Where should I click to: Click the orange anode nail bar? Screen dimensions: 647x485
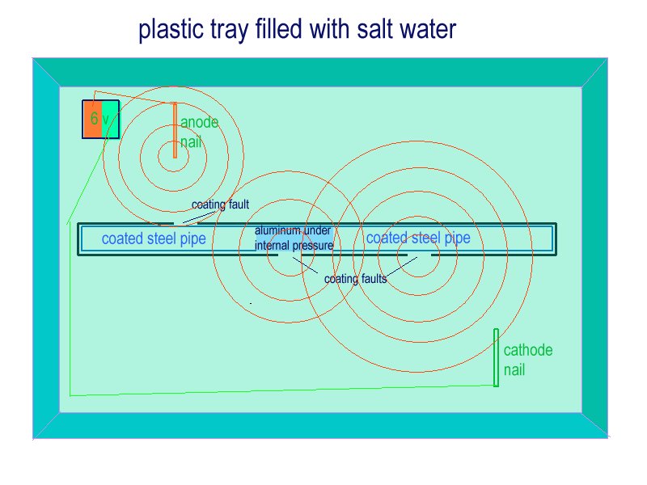[x=175, y=130]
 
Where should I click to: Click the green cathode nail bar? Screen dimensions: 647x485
[x=496, y=357]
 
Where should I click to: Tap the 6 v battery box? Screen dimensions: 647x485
[x=100, y=119]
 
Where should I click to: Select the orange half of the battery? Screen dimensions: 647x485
[x=92, y=119]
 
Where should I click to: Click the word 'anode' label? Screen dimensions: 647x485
[x=199, y=122]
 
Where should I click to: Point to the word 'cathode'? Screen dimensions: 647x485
[x=528, y=350]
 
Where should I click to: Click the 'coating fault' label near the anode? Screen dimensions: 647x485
[x=220, y=205]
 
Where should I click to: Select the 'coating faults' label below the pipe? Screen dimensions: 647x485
[x=356, y=279]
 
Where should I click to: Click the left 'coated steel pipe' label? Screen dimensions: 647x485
[x=154, y=238]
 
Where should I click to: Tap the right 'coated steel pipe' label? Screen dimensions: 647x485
[x=418, y=238]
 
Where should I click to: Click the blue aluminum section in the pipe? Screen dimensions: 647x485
[x=294, y=238]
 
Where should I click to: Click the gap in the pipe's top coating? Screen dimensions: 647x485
[x=186, y=224]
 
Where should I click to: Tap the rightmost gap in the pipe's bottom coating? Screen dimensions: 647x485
[x=419, y=255]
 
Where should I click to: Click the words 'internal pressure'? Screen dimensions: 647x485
[x=294, y=246]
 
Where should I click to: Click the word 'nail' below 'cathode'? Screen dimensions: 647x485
[x=514, y=369]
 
